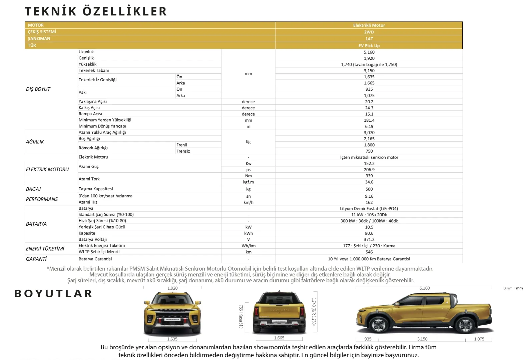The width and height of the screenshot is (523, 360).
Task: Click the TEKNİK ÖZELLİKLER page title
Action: [96, 11]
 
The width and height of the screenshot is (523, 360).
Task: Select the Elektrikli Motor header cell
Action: [369, 25]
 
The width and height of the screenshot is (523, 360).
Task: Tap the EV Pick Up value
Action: [369, 46]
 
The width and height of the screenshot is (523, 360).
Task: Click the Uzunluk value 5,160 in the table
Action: [369, 52]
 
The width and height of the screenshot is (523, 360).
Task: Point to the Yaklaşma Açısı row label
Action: [93, 102]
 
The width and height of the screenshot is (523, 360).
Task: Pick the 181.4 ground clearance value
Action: [369, 120]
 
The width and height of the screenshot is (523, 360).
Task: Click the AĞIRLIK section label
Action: [35, 142]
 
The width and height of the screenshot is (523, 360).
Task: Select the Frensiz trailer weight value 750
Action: [369, 151]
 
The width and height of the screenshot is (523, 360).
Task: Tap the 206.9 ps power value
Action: [369, 170]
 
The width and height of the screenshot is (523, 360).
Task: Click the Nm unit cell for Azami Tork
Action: [248, 176]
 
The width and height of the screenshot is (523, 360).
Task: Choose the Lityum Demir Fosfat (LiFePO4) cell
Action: [369, 209]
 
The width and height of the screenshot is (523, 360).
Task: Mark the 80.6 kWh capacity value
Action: [369, 233]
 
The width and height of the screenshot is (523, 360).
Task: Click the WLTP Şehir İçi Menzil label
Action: [99, 252]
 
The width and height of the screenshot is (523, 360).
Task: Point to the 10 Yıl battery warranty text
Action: [369, 259]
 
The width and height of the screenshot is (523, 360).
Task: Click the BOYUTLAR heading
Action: [53, 294]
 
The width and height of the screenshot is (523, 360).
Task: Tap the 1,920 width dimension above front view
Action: [172, 288]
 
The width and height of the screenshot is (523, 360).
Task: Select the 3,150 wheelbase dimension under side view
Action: [422, 339]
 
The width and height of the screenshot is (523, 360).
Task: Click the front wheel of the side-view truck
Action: [379, 325]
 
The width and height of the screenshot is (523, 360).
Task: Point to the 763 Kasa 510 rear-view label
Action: [241, 316]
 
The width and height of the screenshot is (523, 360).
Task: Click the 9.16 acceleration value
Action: [369, 196]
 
